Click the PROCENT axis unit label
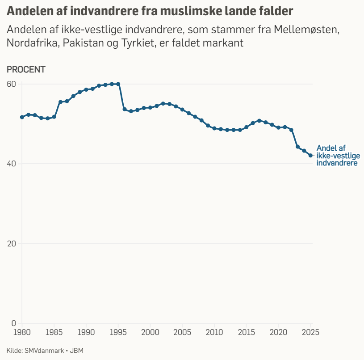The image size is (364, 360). pyautogui.click(x=26, y=69)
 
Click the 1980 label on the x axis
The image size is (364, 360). pyautogui.click(x=22, y=332)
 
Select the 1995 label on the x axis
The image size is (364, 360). pyautogui.click(x=118, y=332)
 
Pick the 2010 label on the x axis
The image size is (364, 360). pyautogui.click(x=214, y=332)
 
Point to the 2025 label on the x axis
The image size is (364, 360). pyautogui.click(x=310, y=332)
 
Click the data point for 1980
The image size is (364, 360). pyautogui.click(x=22, y=117)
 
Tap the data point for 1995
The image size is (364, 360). pyautogui.click(x=118, y=84)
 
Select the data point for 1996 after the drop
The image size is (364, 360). pyautogui.click(x=125, y=109)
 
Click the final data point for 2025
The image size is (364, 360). pyautogui.click(x=310, y=156)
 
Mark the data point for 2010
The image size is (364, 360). pyautogui.click(x=214, y=128)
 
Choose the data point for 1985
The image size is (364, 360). pyautogui.click(x=54, y=117)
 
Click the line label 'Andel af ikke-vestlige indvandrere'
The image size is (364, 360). pyautogui.click(x=338, y=156)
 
